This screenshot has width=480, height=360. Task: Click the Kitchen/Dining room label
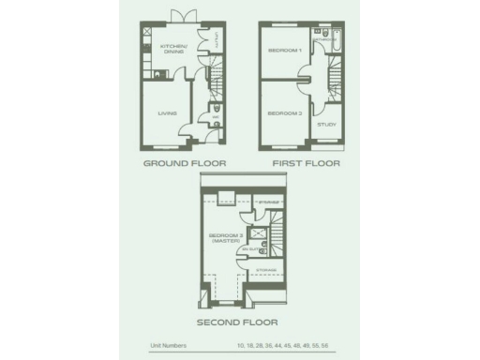173,49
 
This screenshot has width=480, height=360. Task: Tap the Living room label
167,113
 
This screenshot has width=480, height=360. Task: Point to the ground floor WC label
215,119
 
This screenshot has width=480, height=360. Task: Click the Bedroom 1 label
284,49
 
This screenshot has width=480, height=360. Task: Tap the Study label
326,124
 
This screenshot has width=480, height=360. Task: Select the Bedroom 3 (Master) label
224,238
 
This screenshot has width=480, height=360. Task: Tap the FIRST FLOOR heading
307,163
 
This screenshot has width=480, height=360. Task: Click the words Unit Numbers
168,346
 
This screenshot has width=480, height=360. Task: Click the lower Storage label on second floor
265,270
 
